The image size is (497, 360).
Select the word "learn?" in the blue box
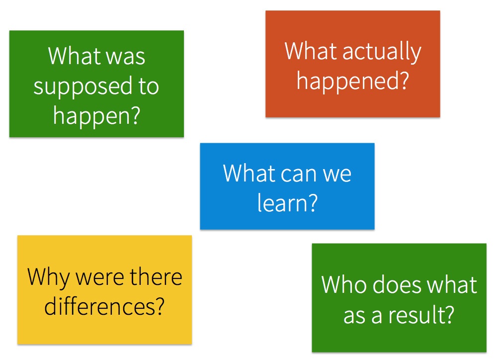click(287, 203)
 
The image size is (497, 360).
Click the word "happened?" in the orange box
click(352, 81)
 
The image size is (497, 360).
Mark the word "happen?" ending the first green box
click(96, 115)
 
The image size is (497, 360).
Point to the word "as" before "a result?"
click(355, 314)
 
